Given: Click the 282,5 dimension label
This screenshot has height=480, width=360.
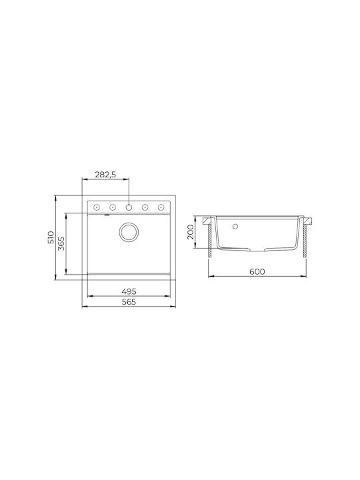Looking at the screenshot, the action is click(105, 175).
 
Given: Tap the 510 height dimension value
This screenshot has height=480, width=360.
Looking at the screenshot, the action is click(51, 237).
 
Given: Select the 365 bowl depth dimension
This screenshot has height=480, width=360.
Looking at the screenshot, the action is click(61, 244).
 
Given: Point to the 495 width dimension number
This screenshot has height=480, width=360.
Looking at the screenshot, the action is click(129, 291).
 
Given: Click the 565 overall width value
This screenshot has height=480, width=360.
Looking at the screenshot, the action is click(129, 302).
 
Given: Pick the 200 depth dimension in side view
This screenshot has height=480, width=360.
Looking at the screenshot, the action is click(191, 232).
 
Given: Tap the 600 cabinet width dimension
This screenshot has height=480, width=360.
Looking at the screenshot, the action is click(257, 271).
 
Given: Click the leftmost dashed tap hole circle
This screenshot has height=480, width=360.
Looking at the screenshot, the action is click(97, 207).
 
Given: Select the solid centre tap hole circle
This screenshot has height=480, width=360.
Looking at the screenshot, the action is click(129, 207).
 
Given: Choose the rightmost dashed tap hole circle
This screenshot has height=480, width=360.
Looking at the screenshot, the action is click(161, 207).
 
